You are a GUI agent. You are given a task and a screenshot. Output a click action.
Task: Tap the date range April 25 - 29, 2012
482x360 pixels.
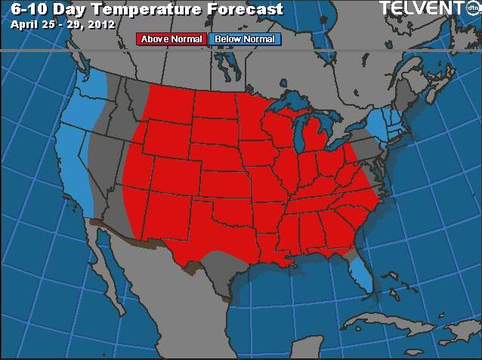click(63, 23)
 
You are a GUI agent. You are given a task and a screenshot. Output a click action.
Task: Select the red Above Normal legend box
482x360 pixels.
click(171, 38)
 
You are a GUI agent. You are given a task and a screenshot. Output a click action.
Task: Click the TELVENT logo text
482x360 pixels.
click(419, 8)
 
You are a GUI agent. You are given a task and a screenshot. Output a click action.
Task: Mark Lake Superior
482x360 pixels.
click(291, 102)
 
